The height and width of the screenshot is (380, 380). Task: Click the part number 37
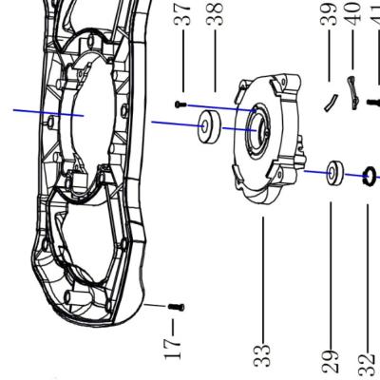point(186,14)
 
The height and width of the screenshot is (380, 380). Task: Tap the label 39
point(331,14)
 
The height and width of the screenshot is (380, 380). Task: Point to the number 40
point(353,14)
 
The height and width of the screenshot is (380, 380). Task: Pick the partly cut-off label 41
point(374,14)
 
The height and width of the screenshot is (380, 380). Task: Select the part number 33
point(262,357)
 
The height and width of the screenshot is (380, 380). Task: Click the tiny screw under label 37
point(180,104)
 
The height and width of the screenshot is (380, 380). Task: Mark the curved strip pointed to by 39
point(328,101)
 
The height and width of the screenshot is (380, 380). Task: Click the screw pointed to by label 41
point(372,103)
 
